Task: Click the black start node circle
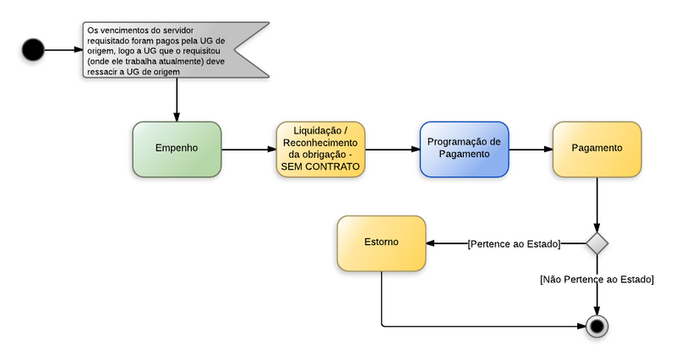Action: (x=33, y=50)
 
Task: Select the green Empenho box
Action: (x=177, y=149)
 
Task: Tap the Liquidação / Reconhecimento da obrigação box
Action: (x=320, y=149)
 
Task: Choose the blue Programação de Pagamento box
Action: (x=464, y=149)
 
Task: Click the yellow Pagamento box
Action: (x=597, y=149)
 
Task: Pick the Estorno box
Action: (x=381, y=243)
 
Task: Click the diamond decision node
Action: (x=597, y=243)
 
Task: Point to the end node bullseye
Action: (x=597, y=325)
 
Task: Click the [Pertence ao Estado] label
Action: (x=514, y=244)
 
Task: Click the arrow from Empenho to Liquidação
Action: (x=248, y=150)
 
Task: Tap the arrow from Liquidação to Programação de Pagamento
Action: (x=393, y=150)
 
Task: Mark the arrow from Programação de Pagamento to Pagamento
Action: (x=531, y=150)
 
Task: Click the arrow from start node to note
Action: (x=63, y=50)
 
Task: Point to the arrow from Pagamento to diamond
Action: (x=597, y=203)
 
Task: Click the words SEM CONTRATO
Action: (x=320, y=167)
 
